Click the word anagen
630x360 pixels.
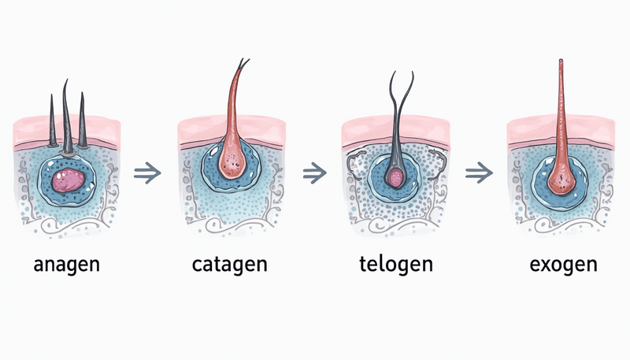pyautogui.click(x=67, y=264)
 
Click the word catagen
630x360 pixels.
pyautogui.click(x=229, y=264)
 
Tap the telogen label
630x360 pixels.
pyautogui.click(x=391, y=264)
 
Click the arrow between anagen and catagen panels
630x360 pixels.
pyautogui.click(x=146, y=173)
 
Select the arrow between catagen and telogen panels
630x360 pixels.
pyautogui.click(x=314, y=172)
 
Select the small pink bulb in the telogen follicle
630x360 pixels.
pyautogui.click(x=395, y=179)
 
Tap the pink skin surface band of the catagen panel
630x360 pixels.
pyautogui.click(x=197, y=130)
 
